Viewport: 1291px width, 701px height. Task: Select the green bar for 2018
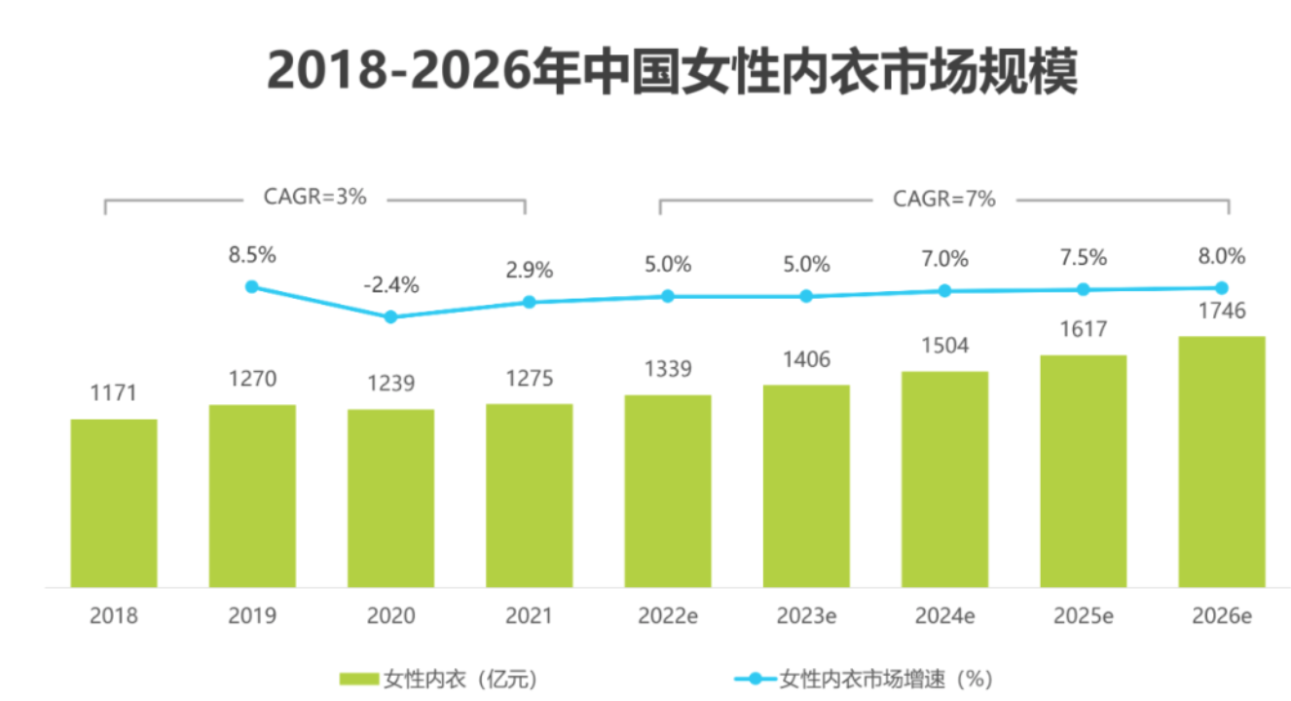coord(114,502)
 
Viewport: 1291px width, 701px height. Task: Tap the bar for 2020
coord(390,498)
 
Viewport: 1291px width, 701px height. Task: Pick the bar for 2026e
coord(1221,461)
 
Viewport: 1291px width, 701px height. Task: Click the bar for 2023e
coord(806,486)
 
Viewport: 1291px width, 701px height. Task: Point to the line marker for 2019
coord(252,286)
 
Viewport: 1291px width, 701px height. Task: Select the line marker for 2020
coord(390,316)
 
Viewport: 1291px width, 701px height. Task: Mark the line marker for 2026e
coord(1221,287)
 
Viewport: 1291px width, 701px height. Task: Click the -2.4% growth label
coord(390,285)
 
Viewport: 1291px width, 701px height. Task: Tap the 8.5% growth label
coord(252,255)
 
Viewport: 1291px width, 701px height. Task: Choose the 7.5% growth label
coord(1083,258)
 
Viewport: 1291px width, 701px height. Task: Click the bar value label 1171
coord(114,393)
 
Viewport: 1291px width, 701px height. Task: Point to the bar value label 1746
coord(1221,312)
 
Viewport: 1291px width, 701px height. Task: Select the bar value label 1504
coord(944,347)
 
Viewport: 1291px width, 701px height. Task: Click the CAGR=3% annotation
coord(314,197)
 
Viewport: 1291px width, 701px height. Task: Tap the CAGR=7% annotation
coord(944,199)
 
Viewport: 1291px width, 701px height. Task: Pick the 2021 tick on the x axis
coord(529,616)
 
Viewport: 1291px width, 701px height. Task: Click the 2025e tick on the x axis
coord(1083,616)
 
